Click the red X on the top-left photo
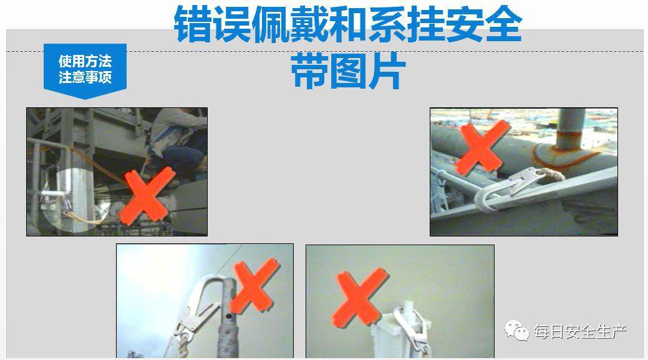(x=147, y=195)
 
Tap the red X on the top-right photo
(x=482, y=147)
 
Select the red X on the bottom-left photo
(x=254, y=286)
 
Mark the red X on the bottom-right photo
(x=360, y=298)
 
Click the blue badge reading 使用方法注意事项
(x=85, y=71)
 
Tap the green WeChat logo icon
(x=516, y=331)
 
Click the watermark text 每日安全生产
(x=580, y=331)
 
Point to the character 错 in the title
(x=193, y=24)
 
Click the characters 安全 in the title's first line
(x=483, y=24)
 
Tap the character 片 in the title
(x=386, y=71)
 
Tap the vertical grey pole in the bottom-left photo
(x=228, y=318)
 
